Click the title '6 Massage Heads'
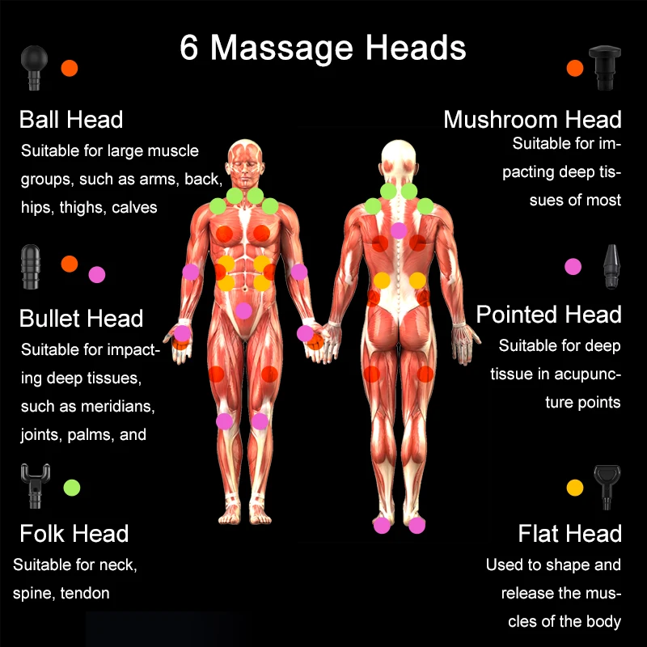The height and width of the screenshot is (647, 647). click(323, 48)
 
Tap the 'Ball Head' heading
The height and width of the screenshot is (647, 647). click(71, 121)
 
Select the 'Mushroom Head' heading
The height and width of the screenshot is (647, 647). click(532, 121)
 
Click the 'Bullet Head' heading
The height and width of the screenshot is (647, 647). click(81, 318)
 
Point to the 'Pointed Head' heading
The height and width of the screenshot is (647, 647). click(548, 315)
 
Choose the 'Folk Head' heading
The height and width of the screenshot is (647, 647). click(74, 534)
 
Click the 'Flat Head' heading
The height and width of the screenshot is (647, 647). click(569, 534)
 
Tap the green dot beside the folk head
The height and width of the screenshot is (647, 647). click(72, 487)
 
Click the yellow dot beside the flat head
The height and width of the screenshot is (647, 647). click(575, 487)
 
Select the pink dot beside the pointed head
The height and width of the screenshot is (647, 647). click(573, 266)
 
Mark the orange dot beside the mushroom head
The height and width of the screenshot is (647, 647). click(575, 69)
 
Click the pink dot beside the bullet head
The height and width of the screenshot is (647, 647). click(97, 274)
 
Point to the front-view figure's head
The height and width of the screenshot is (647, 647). click(244, 161)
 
